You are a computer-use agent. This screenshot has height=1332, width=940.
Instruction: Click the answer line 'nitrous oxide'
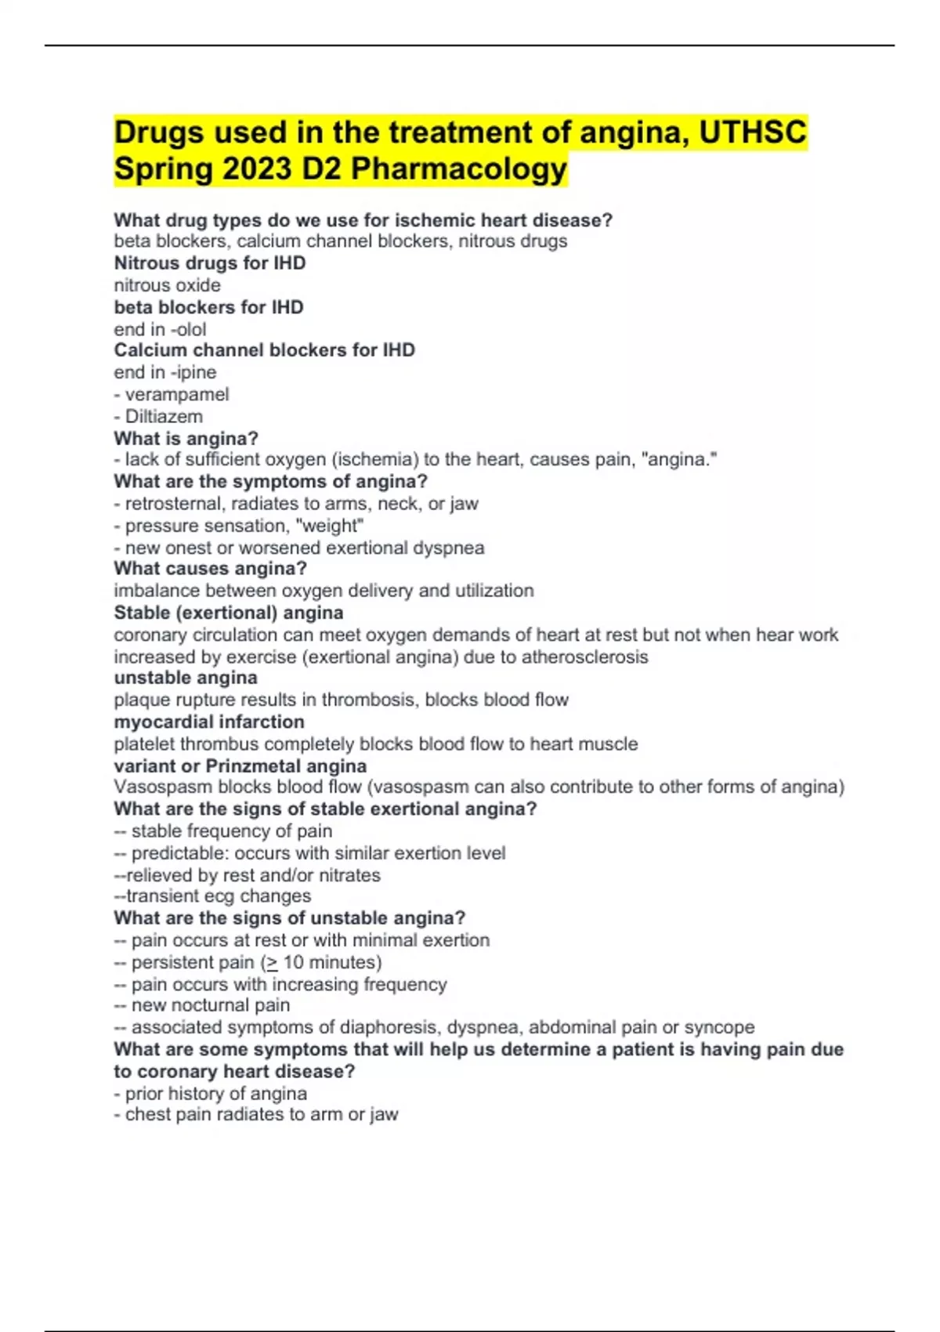click(x=167, y=285)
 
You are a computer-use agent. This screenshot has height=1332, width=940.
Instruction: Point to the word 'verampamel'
click(x=177, y=394)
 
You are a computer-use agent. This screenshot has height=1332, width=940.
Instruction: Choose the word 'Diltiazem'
click(x=164, y=416)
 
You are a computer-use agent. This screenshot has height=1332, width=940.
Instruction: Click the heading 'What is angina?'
click(x=186, y=438)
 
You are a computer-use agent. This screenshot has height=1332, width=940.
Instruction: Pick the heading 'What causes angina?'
click(x=210, y=569)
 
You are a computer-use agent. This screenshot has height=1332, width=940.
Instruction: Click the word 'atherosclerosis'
click(x=584, y=657)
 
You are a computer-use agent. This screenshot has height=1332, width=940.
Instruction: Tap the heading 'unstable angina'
click(x=186, y=678)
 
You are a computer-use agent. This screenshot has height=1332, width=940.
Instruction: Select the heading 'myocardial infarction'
click(x=209, y=722)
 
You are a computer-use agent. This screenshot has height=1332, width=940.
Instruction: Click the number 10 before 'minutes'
click(x=293, y=962)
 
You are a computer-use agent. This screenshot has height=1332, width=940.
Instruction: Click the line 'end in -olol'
click(x=160, y=329)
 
